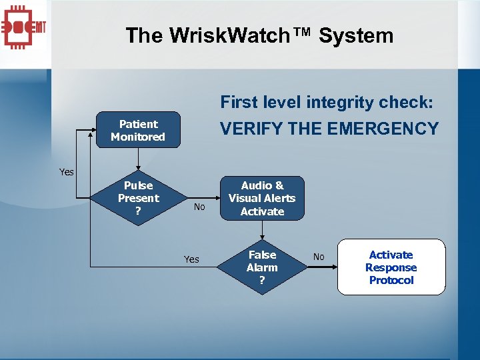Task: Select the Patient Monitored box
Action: [138, 130]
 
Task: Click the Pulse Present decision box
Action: [138, 198]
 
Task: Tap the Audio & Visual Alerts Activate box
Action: [262, 198]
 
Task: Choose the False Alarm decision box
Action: [262, 267]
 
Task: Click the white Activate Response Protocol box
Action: [391, 267]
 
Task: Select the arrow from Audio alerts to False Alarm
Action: [262, 231]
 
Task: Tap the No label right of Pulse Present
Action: [199, 207]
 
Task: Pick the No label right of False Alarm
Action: [319, 257]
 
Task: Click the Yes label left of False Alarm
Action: [191, 259]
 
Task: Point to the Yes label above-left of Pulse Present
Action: [67, 172]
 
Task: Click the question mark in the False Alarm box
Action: [262, 281]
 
